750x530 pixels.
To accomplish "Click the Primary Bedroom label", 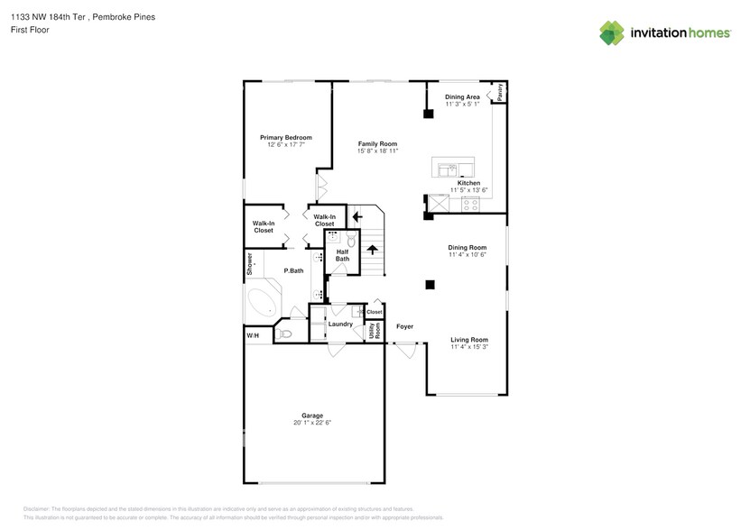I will pyautogui.click(x=286, y=137).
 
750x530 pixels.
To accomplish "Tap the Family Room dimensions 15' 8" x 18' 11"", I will pyautogui.click(x=377, y=151).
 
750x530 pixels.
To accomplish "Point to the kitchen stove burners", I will pyautogui.click(x=470, y=204).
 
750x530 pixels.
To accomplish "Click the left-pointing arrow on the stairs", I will pyautogui.click(x=357, y=216).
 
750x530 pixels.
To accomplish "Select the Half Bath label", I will pyautogui.click(x=342, y=255).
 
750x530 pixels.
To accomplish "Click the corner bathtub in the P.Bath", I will pyautogui.click(x=263, y=303).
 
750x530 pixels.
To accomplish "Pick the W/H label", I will pyautogui.click(x=253, y=336).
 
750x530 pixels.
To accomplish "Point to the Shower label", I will pyautogui.click(x=250, y=262).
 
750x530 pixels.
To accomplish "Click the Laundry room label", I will pyautogui.click(x=340, y=324).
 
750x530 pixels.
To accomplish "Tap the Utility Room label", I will pyautogui.click(x=373, y=332).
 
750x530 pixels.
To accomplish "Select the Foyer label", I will pyautogui.click(x=405, y=326).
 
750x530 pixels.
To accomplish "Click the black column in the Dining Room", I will pyautogui.click(x=431, y=285).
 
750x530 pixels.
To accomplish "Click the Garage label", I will pyautogui.click(x=312, y=416).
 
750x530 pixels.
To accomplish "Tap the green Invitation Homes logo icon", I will pyautogui.click(x=612, y=33).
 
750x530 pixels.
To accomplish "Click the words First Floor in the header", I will pyautogui.click(x=30, y=30).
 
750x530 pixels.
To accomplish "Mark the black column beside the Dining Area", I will pyautogui.click(x=428, y=114).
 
